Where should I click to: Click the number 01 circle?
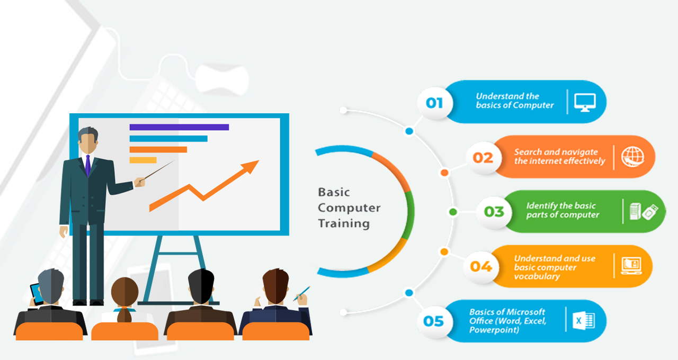(435, 103)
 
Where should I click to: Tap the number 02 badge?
(484, 158)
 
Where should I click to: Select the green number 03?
(494, 211)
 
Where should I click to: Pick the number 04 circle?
(481, 266)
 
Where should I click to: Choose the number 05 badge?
(434, 321)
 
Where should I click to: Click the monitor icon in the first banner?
(585, 102)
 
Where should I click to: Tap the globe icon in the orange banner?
(632, 157)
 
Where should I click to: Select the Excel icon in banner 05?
(584, 321)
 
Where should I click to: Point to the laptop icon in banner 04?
(631, 266)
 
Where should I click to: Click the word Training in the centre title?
(344, 223)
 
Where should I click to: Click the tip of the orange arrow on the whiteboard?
(259, 160)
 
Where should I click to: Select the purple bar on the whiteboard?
(179, 127)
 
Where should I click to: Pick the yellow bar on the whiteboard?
(143, 160)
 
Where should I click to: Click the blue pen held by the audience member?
(301, 293)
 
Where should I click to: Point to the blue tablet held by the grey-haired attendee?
(37, 293)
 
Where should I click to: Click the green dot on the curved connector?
(453, 212)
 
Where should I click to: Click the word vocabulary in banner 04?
(537, 276)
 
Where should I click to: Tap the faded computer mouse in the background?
(222, 79)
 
